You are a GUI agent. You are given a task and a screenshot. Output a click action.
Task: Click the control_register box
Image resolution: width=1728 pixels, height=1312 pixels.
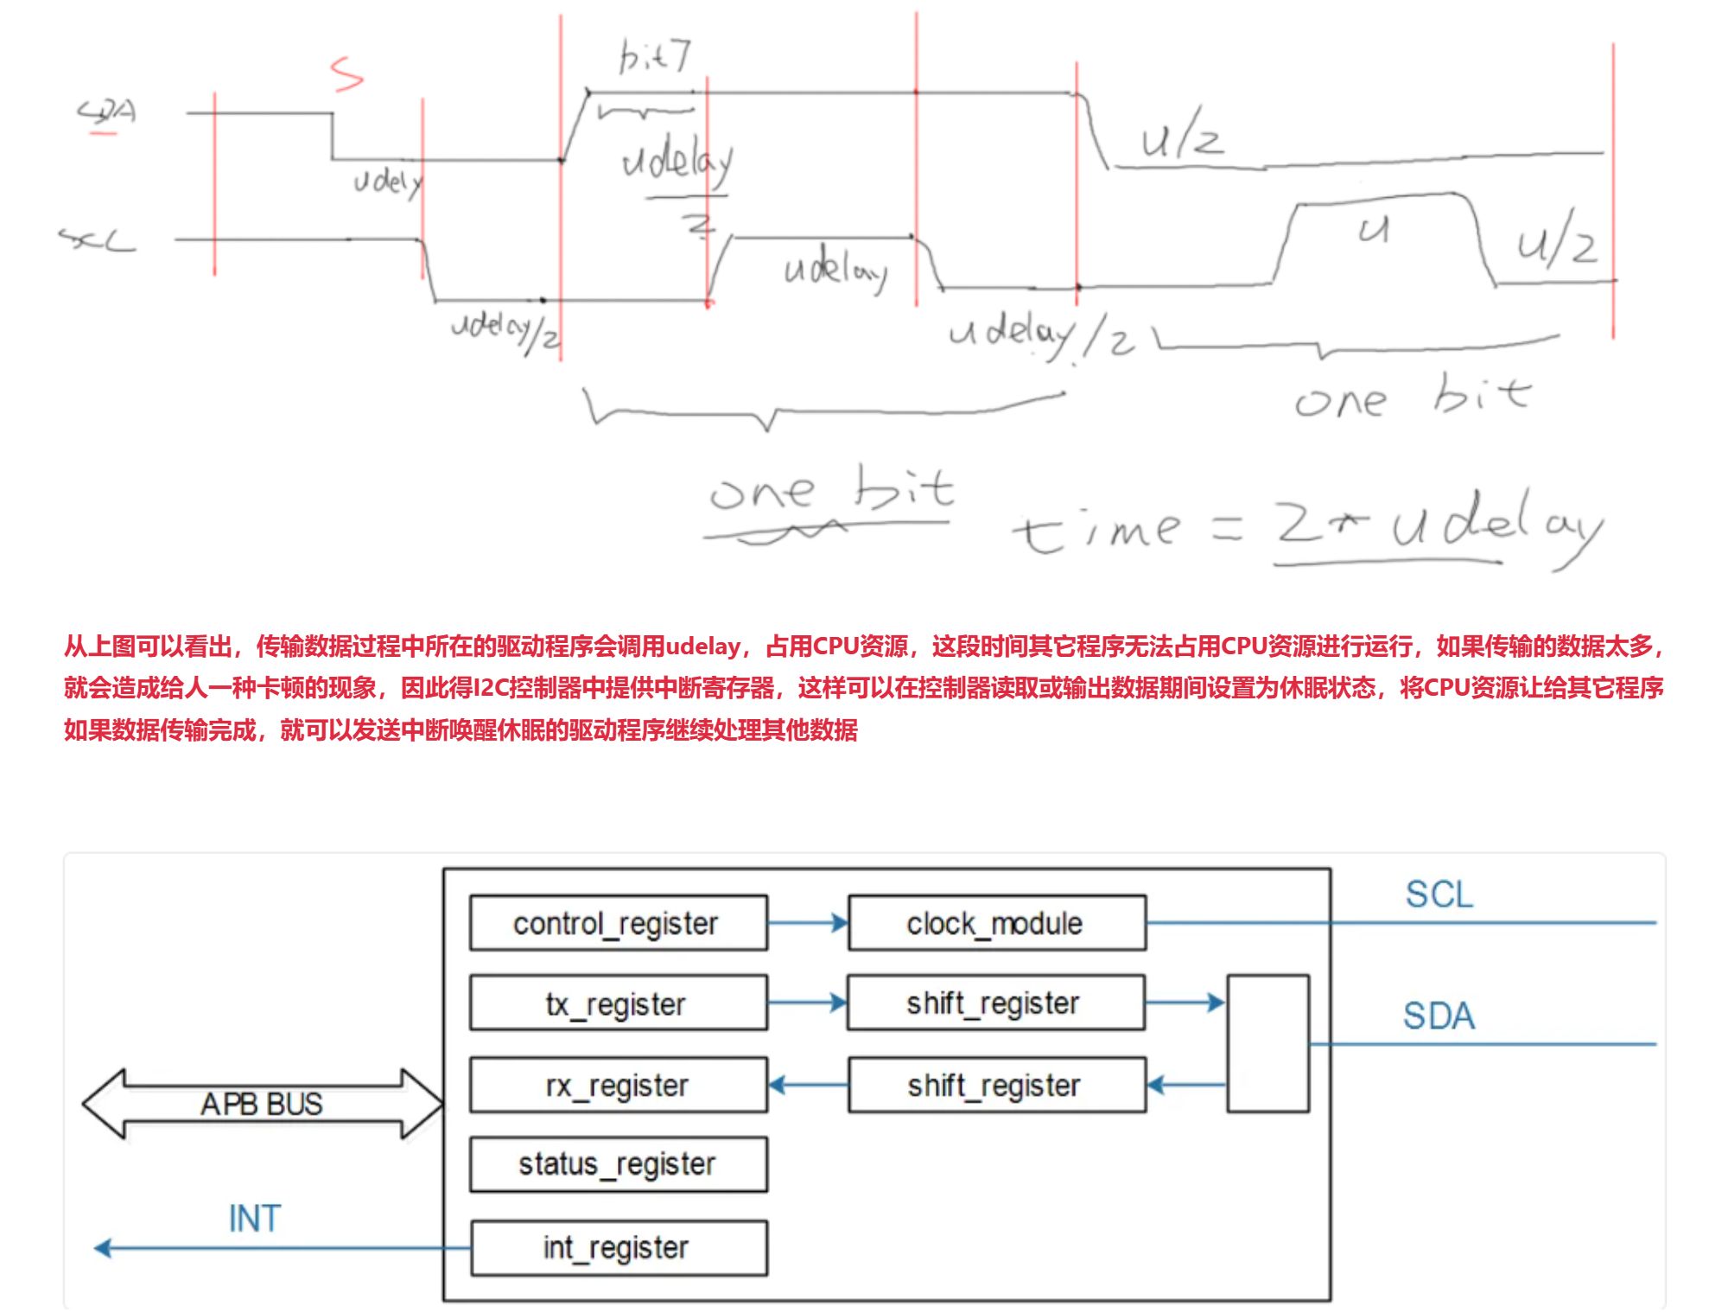coord(618,923)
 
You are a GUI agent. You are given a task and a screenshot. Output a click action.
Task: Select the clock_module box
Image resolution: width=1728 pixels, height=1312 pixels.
coord(996,923)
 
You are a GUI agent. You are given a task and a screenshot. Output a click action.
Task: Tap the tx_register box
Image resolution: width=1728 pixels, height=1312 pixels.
coord(618,1003)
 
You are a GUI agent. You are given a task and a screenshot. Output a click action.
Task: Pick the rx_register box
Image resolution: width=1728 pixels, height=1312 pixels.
coord(618,1085)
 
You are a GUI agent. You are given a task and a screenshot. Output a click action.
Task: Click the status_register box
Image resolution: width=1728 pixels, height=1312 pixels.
coord(618,1164)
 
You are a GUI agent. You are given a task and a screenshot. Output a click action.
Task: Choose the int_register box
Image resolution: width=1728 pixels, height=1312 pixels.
coord(618,1247)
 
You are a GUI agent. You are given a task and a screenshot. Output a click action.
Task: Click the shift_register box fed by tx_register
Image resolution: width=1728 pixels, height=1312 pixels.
coord(995,1003)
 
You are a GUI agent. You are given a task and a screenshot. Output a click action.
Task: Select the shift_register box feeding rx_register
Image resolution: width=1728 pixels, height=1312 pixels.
coord(996,1085)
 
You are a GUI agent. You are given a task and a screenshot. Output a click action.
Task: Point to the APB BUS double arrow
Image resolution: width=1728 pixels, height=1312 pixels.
coord(262,1104)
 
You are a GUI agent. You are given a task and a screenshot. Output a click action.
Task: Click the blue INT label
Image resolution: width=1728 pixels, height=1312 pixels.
coord(254,1219)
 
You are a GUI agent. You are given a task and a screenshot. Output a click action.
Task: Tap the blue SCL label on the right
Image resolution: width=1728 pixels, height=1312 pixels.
coord(1439,895)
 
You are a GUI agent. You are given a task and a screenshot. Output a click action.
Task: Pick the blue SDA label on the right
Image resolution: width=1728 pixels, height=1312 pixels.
coord(1439,1016)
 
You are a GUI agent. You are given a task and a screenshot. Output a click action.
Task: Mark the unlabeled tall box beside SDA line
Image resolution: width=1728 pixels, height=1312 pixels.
coord(1267,1043)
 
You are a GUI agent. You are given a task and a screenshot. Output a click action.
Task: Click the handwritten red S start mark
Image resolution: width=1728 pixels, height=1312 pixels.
coord(346,74)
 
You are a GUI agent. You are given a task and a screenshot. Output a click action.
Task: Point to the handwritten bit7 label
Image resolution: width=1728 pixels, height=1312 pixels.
coord(654,57)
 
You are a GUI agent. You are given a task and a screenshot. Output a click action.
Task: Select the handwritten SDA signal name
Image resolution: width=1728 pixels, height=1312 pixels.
coord(107,113)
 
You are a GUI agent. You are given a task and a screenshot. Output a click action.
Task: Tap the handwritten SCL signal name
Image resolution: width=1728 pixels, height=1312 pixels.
coord(97,239)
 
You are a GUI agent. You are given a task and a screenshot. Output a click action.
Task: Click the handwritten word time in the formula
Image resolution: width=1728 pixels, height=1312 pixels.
coord(1096,528)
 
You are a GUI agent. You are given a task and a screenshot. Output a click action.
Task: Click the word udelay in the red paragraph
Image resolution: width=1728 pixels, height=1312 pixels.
coord(702,646)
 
